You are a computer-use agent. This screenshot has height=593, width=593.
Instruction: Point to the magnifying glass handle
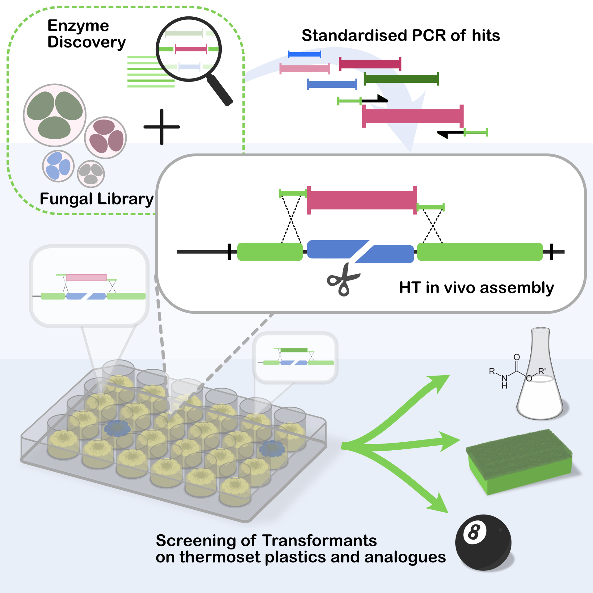[220, 90]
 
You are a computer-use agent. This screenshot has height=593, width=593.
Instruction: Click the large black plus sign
[162, 127]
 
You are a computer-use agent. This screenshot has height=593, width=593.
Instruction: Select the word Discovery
[86, 42]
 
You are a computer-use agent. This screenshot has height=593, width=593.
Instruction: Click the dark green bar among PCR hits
[401, 79]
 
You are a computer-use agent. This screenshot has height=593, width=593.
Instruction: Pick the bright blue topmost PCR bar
[305, 54]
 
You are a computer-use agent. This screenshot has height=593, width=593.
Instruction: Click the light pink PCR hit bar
[305, 68]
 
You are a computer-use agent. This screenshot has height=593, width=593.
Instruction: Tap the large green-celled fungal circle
[55, 115]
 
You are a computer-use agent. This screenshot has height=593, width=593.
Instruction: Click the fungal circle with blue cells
[58, 166]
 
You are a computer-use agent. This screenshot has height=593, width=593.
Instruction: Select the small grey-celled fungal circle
[91, 174]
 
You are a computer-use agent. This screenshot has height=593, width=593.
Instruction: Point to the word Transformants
[319, 541]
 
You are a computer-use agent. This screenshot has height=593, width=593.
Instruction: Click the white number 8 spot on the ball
[474, 532]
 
